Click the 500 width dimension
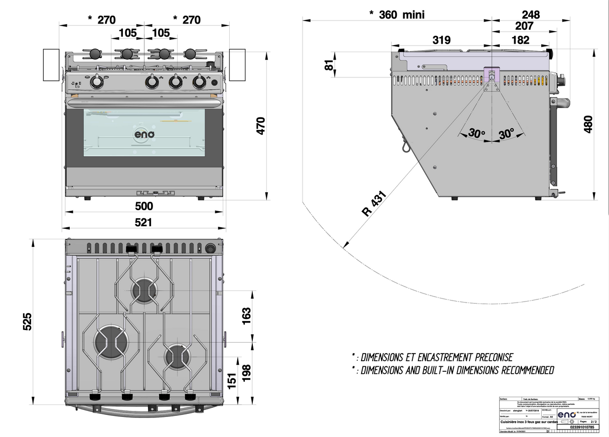click(x=144, y=206)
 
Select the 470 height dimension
click(x=261, y=125)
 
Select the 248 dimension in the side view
click(x=530, y=15)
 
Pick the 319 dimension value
click(x=441, y=40)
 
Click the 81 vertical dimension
click(x=330, y=65)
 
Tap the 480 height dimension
click(x=588, y=124)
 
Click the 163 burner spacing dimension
click(x=246, y=316)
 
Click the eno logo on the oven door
click(x=144, y=134)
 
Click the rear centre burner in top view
click(x=144, y=290)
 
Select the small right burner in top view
click(x=178, y=356)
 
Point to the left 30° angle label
click(x=477, y=134)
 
